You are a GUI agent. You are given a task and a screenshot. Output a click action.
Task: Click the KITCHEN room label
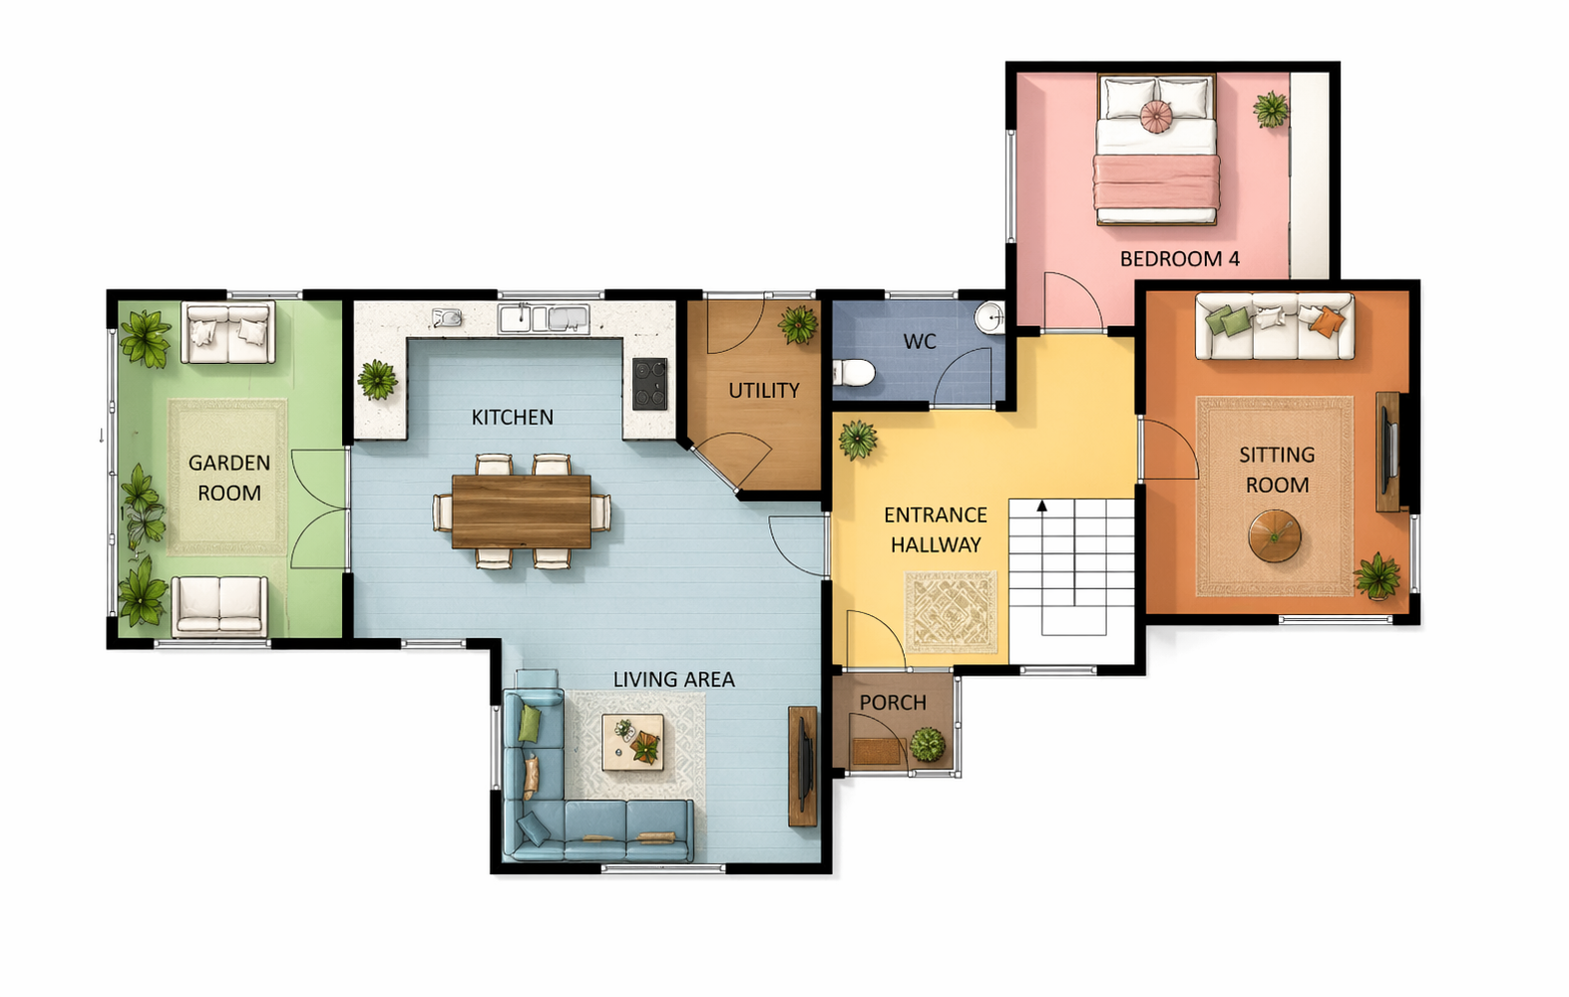click(x=512, y=418)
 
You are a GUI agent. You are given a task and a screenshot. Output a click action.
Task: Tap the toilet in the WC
click(x=854, y=373)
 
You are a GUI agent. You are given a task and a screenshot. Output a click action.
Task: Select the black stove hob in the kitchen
click(x=649, y=384)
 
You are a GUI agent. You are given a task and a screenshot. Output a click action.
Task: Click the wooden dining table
click(x=521, y=511)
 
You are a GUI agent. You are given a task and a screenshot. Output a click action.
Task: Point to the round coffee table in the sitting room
click(x=1274, y=536)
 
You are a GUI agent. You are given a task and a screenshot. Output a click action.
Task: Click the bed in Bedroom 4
click(x=1156, y=150)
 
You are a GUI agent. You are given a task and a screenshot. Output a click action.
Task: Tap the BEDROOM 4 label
click(x=1180, y=259)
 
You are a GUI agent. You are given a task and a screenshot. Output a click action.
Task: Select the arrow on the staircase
click(x=1041, y=505)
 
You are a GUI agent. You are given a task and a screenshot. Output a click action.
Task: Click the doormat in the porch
click(x=876, y=752)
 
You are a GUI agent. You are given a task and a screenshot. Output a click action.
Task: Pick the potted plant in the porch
click(x=928, y=744)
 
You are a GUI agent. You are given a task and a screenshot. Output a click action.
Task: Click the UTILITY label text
click(x=763, y=391)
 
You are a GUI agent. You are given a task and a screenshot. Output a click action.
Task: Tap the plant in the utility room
click(x=798, y=324)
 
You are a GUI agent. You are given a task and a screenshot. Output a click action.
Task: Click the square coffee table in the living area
click(x=633, y=742)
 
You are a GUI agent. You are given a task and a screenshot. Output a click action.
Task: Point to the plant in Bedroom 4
click(x=1271, y=110)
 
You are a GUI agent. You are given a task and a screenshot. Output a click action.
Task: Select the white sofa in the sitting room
click(x=1274, y=326)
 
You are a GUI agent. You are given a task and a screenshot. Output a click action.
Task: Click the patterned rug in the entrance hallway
click(x=951, y=612)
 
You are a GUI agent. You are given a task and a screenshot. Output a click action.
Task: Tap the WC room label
click(x=920, y=342)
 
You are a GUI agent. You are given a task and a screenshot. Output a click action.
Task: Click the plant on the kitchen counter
click(x=378, y=380)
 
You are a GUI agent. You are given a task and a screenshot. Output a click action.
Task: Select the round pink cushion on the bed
click(x=1155, y=117)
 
